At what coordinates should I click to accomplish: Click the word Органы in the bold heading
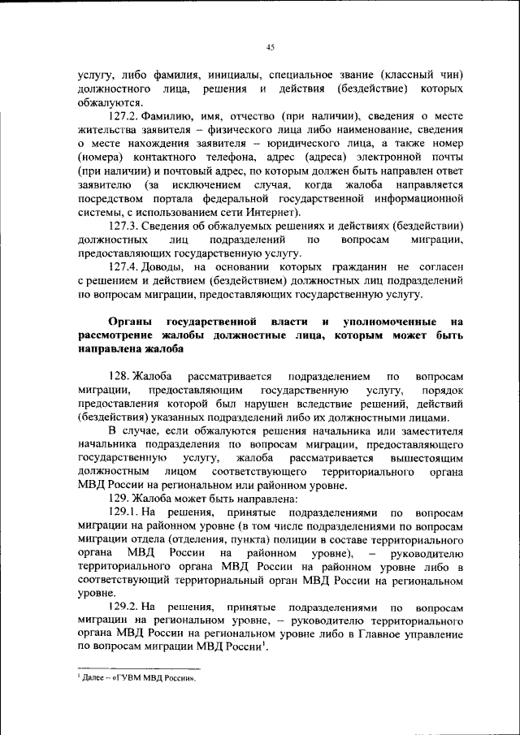pyautogui.click(x=130, y=322)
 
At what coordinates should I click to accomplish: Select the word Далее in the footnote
pyautogui.click(x=92, y=677)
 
